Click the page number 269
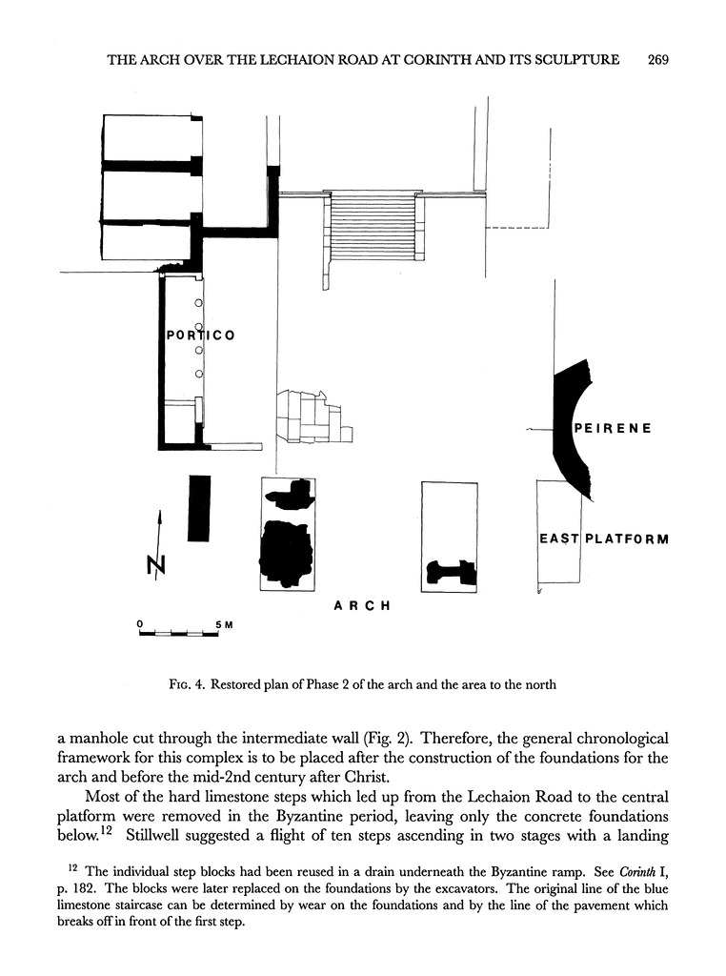658,59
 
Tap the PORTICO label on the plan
200,335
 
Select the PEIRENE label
612,429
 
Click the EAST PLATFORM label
603,539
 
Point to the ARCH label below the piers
362,605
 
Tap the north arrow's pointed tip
159,512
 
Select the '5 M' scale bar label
223,624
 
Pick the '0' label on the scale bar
140,624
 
